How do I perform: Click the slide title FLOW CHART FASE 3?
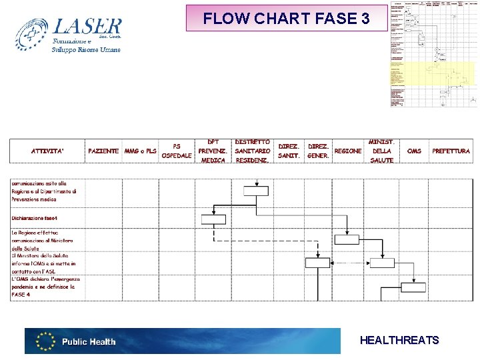287,19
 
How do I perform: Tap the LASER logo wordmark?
87,27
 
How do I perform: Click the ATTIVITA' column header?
47,151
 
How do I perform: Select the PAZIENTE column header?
103,151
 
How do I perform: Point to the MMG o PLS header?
140,151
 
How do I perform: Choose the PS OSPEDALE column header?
177,151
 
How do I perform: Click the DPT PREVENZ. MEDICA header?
213,151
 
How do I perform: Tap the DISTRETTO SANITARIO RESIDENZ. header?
253,151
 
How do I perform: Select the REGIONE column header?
348,151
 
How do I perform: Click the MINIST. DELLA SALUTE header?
382,151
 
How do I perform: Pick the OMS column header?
414,151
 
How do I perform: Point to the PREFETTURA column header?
451,151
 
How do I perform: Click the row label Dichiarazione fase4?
35,218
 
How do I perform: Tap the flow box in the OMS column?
413,287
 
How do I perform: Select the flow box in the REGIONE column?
347,241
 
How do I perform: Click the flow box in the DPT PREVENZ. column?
213,219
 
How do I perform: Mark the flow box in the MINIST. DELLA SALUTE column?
381,263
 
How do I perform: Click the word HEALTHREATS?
399,341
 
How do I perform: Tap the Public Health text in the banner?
89,342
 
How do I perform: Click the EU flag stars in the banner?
45,341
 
